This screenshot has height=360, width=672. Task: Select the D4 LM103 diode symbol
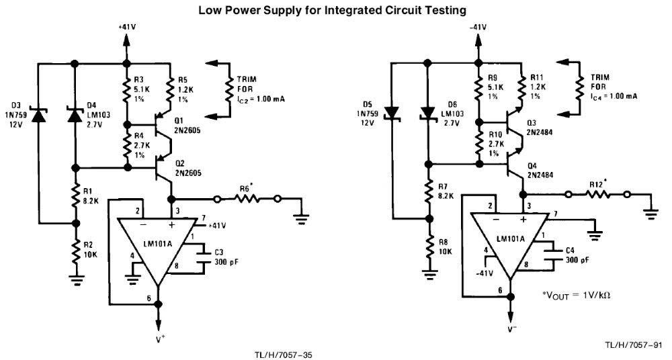click(x=75, y=115)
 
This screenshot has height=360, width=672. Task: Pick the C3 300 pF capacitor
click(x=202, y=257)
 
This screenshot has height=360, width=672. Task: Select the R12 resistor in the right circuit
click(x=598, y=195)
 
